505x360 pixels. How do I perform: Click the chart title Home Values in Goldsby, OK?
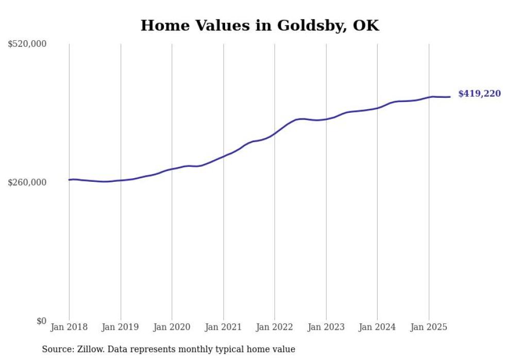coord(259,26)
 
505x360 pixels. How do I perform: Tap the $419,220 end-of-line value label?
coord(479,94)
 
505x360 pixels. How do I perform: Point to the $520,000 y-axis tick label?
coord(27,44)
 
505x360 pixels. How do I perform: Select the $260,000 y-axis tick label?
coord(27,183)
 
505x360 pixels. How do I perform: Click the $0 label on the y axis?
coord(41,321)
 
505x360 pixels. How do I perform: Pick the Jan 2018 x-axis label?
coord(69,327)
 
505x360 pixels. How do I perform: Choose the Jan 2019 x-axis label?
coord(121,327)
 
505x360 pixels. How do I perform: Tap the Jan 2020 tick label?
coord(172,327)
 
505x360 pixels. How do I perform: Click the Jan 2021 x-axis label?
coord(223,327)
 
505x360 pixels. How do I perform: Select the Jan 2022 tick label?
coord(275,327)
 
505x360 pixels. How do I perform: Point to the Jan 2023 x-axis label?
coord(326,327)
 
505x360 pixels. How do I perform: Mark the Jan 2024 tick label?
coord(377,327)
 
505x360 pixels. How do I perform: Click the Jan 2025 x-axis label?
coord(429,327)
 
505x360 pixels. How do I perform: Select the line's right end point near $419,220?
coord(450,97)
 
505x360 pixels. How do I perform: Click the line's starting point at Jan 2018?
coord(70,180)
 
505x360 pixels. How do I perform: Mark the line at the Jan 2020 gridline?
coord(172,169)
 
